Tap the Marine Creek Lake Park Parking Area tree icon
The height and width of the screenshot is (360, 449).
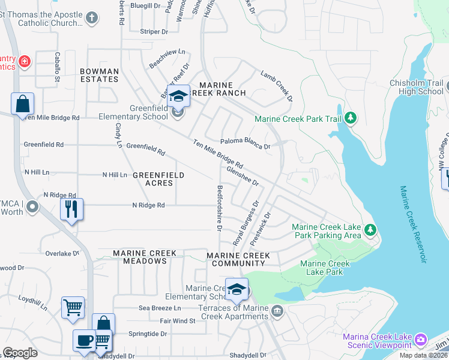371,230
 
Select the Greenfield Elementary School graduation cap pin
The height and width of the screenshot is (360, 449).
178,96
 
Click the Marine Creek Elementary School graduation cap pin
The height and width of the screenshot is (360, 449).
237,289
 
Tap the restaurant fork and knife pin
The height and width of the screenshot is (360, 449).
71,209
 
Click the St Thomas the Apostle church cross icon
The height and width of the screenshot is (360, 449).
92,18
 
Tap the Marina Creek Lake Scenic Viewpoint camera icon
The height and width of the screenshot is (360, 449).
421,340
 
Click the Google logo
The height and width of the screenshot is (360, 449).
20,353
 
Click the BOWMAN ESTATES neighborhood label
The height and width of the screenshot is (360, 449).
100,75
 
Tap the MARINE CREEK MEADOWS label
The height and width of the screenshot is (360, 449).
145,257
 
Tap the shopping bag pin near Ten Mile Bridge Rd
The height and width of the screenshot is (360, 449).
22,103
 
